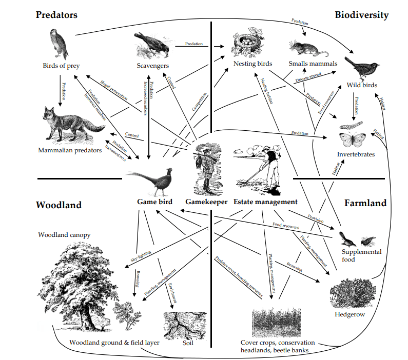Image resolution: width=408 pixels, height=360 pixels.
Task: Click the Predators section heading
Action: click(56, 15)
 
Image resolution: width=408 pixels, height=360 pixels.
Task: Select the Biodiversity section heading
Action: click(361, 15)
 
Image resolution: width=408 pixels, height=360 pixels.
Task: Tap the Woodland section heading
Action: click(59, 205)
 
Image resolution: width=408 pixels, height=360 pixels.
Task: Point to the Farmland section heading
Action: click(365, 203)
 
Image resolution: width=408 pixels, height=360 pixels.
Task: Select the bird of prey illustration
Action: click(59, 43)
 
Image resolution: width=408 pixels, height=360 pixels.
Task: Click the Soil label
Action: click(189, 342)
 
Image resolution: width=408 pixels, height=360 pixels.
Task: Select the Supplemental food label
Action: click(362, 255)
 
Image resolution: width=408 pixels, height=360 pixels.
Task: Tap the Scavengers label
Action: click(153, 66)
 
